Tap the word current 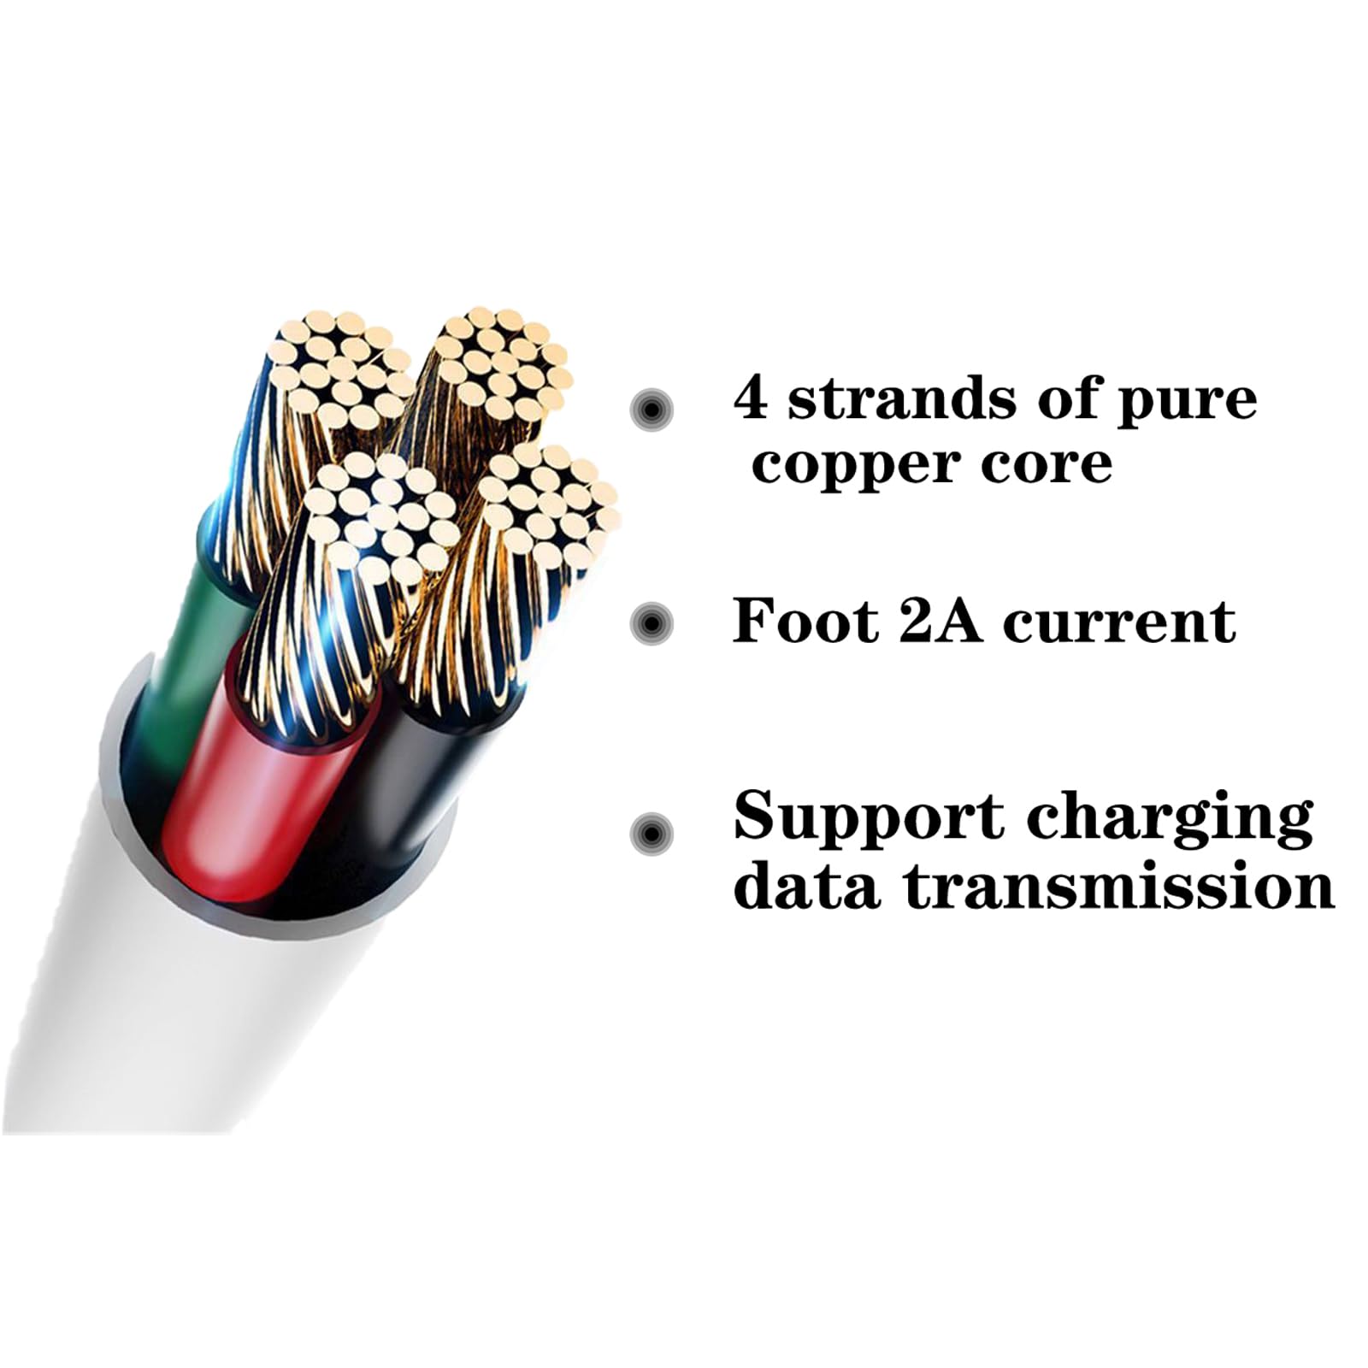1119,622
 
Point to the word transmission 1120,887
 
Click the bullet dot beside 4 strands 652,410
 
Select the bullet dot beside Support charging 652,832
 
